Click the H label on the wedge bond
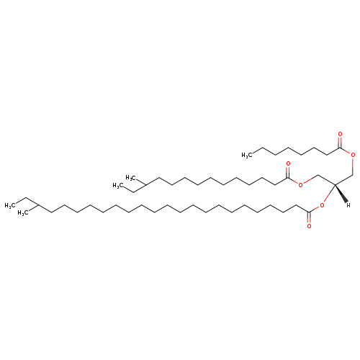pyautogui.click(x=348, y=205)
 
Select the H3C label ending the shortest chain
pyautogui.click(x=247, y=155)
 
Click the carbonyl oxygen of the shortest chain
pyautogui.click(x=340, y=134)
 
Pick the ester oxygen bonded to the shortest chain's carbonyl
pyautogui.click(x=353, y=155)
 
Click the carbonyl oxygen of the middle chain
pyautogui.click(x=288, y=163)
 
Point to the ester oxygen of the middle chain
pyautogui.click(x=300, y=185)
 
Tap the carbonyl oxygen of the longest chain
pyautogui.click(x=309, y=226)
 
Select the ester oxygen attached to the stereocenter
pyautogui.click(x=322, y=205)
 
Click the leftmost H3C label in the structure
pyautogui.click(x=10, y=205)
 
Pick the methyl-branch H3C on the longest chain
pyautogui.click(x=23, y=213)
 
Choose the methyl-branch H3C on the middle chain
pyautogui.click(x=131, y=178)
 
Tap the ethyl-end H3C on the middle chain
pyautogui.click(x=118, y=186)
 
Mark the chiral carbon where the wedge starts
pyautogui.click(x=335, y=184)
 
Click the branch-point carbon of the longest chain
pyautogui.click(x=38, y=205)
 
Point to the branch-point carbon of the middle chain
pyautogui.click(x=146, y=185)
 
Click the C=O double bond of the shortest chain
pyautogui.click(x=340, y=142)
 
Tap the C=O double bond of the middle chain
pyautogui.click(x=288, y=172)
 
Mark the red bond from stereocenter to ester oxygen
pyautogui.click(x=329, y=194)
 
